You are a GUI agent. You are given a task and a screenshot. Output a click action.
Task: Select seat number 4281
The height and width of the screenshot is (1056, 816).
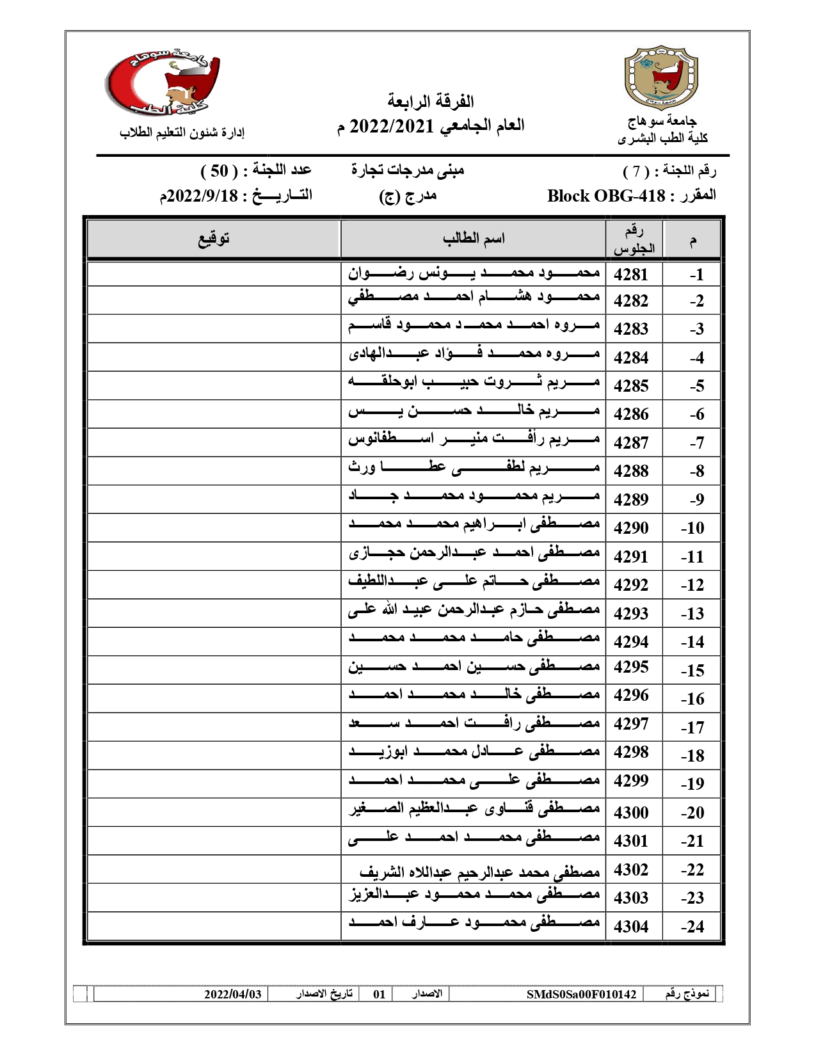[631, 275]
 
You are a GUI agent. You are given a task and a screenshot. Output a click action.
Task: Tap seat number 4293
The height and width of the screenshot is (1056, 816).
[631, 613]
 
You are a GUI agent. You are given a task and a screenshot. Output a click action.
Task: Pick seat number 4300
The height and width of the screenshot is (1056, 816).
[631, 812]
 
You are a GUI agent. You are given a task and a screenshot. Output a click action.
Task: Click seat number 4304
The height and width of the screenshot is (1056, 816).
[631, 926]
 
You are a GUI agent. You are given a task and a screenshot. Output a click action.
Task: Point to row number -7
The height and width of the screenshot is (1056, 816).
[696, 443]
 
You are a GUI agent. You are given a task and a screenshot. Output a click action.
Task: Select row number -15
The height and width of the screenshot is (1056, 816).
[692, 671]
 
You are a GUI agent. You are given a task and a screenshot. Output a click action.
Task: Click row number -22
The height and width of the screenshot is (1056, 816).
[692, 870]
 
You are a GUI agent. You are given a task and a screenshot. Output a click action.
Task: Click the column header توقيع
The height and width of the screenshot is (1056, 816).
[213, 239]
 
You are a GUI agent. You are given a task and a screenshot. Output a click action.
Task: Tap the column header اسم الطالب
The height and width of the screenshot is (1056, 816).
[474, 239]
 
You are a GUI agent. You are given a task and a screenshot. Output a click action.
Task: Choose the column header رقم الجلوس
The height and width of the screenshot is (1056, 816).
[634, 239]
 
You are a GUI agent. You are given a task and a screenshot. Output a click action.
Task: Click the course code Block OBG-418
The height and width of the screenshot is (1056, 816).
[606, 196]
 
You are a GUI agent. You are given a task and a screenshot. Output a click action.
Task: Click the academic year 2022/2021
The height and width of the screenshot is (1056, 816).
[392, 125]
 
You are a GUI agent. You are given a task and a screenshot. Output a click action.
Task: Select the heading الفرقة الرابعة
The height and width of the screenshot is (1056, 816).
[430, 101]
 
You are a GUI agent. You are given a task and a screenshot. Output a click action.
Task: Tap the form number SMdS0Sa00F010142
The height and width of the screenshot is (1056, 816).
[581, 994]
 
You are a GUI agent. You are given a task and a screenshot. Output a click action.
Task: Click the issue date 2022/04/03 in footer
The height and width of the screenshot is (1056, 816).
[233, 994]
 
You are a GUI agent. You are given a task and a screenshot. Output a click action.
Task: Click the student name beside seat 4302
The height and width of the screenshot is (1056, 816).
[480, 871]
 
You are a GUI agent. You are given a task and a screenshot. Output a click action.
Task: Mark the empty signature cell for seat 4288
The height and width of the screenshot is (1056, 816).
[213, 471]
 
